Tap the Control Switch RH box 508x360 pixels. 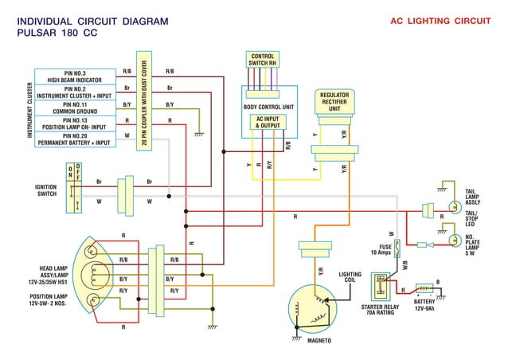262,60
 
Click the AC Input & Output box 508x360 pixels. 268,122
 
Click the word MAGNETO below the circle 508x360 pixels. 318,341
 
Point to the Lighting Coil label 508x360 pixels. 350,277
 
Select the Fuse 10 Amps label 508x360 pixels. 381,249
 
